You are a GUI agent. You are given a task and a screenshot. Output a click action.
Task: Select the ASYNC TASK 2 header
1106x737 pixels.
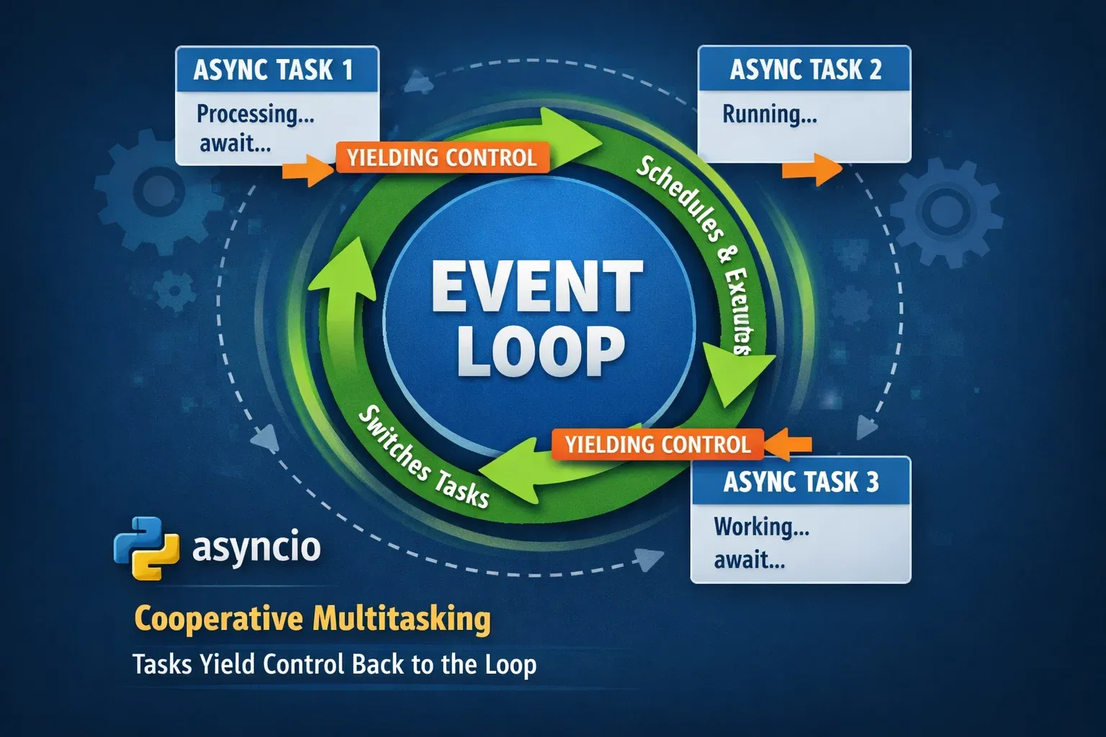[x=804, y=70]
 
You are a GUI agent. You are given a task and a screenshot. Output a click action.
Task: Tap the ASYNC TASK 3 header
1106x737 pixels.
[x=801, y=481]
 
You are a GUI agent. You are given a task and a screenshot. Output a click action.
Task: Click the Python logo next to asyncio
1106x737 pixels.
[x=145, y=548]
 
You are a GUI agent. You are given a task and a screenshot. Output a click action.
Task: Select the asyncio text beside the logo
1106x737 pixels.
[x=256, y=548]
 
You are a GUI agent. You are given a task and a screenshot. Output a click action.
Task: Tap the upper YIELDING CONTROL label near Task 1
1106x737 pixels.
[x=442, y=158]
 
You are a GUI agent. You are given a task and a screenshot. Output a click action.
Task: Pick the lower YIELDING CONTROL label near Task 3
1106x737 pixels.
[x=657, y=444]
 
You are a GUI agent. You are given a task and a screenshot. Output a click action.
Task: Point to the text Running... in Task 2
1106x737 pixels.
[x=769, y=114]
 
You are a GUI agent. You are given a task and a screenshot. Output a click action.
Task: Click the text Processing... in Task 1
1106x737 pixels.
[x=255, y=114]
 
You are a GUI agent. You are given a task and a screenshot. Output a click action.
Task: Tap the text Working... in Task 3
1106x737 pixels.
[x=761, y=527]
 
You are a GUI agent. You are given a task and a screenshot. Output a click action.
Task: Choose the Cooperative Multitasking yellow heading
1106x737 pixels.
[x=313, y=619]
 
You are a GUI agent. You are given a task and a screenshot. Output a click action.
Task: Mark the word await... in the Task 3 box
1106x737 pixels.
[x=749, y=559]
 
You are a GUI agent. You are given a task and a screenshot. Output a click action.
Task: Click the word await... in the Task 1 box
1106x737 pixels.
[x=235, y=143]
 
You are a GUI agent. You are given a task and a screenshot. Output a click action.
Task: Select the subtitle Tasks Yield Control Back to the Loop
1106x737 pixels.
[x=334, y=664]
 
